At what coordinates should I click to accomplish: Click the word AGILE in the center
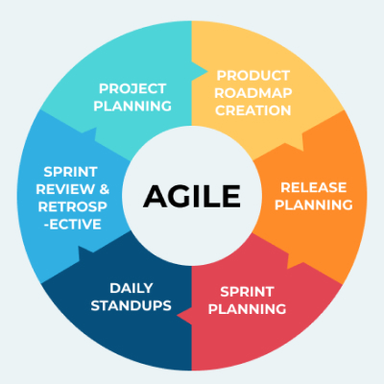pos(192,196)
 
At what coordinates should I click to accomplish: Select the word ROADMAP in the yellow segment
pos(253,92)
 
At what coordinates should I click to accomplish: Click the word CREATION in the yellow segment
pos(253,109)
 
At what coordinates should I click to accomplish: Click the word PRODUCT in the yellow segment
pos(253,75)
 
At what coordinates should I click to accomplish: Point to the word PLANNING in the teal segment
pos(133,106)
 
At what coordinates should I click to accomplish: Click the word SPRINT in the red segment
pos(248,292)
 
